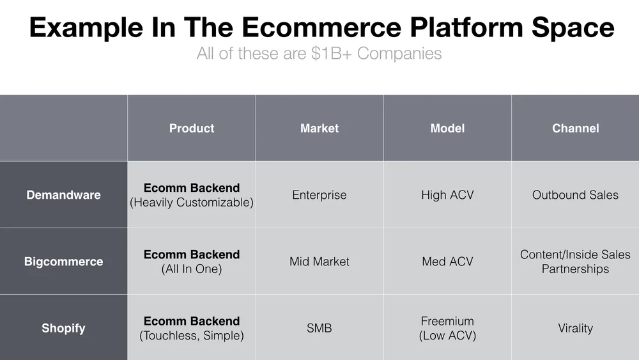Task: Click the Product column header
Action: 192,129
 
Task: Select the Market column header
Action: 319,129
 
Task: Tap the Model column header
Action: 447,129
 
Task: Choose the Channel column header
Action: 576,129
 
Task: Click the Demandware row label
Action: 63,195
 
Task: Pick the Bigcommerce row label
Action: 63,262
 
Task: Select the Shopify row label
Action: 63,328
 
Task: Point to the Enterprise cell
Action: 319,195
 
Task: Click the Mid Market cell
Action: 319,262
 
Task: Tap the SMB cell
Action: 319,328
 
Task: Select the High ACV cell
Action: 447,195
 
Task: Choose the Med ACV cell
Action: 447,262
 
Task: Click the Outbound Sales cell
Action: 576,195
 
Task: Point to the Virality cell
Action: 576,328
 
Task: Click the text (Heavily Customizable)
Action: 192,203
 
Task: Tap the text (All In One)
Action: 192,269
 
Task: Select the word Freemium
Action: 447,321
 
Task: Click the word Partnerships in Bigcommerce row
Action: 576,269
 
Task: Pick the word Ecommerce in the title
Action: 321,27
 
